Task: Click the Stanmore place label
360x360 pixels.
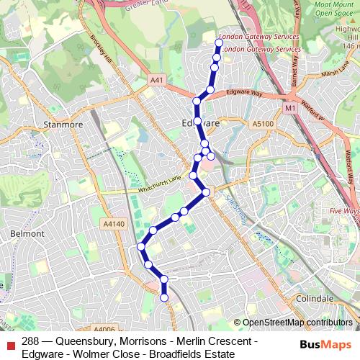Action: (64, 124)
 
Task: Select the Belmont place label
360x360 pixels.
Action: (27, 233)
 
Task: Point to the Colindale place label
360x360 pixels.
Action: (314, 298)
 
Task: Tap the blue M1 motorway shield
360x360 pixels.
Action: (290, 108)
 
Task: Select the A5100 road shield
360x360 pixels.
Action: (264, 124)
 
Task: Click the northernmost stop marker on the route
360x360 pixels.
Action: (219, 43)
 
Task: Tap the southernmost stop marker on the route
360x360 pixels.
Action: (164, 297)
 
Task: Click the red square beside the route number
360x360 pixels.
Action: (9, 341)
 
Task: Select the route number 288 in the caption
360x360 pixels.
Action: (30, 341)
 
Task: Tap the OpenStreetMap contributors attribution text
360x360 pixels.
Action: (297, 323)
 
